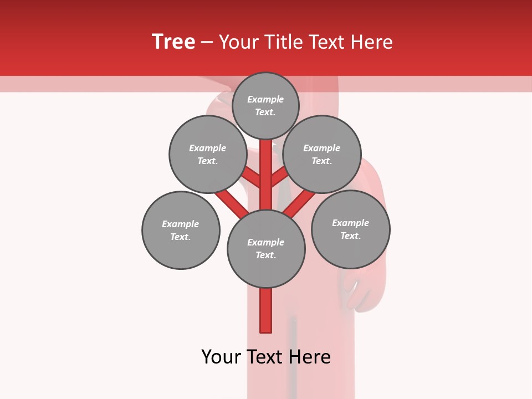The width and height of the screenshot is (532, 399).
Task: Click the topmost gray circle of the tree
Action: pyautogui.click(x=265, y=106)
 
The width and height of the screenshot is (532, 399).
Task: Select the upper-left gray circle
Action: pyautogui.click(x=208, y=155)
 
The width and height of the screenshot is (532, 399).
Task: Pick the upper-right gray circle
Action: pyautogui.click(x=322, y=155)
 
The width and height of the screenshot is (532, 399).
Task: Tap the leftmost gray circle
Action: pyautogui.click(x=181, y=231)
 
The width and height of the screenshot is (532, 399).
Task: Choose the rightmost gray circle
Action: pyautogui.click(x=351, y=229)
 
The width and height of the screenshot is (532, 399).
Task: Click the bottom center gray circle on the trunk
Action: pyautogui.click(x=266, y=249)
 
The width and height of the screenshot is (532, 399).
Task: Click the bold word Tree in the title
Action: pyautogui.click(x=173, y=42)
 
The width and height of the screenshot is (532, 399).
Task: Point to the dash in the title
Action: pyautogui.click(x=207, y=42)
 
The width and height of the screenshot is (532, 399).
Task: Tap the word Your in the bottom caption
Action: pyautogui.click(x=222, y=357)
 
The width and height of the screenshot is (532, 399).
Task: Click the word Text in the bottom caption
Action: pyautogui.click(x=266, y=357)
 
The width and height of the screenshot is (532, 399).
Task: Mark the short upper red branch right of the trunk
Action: pyautogui.click(x=279, y=177)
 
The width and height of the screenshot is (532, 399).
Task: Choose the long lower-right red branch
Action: pyautogui.click(x=299, y=204)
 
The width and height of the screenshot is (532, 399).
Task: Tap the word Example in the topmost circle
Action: pyautogui.click(x=265, y=100)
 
